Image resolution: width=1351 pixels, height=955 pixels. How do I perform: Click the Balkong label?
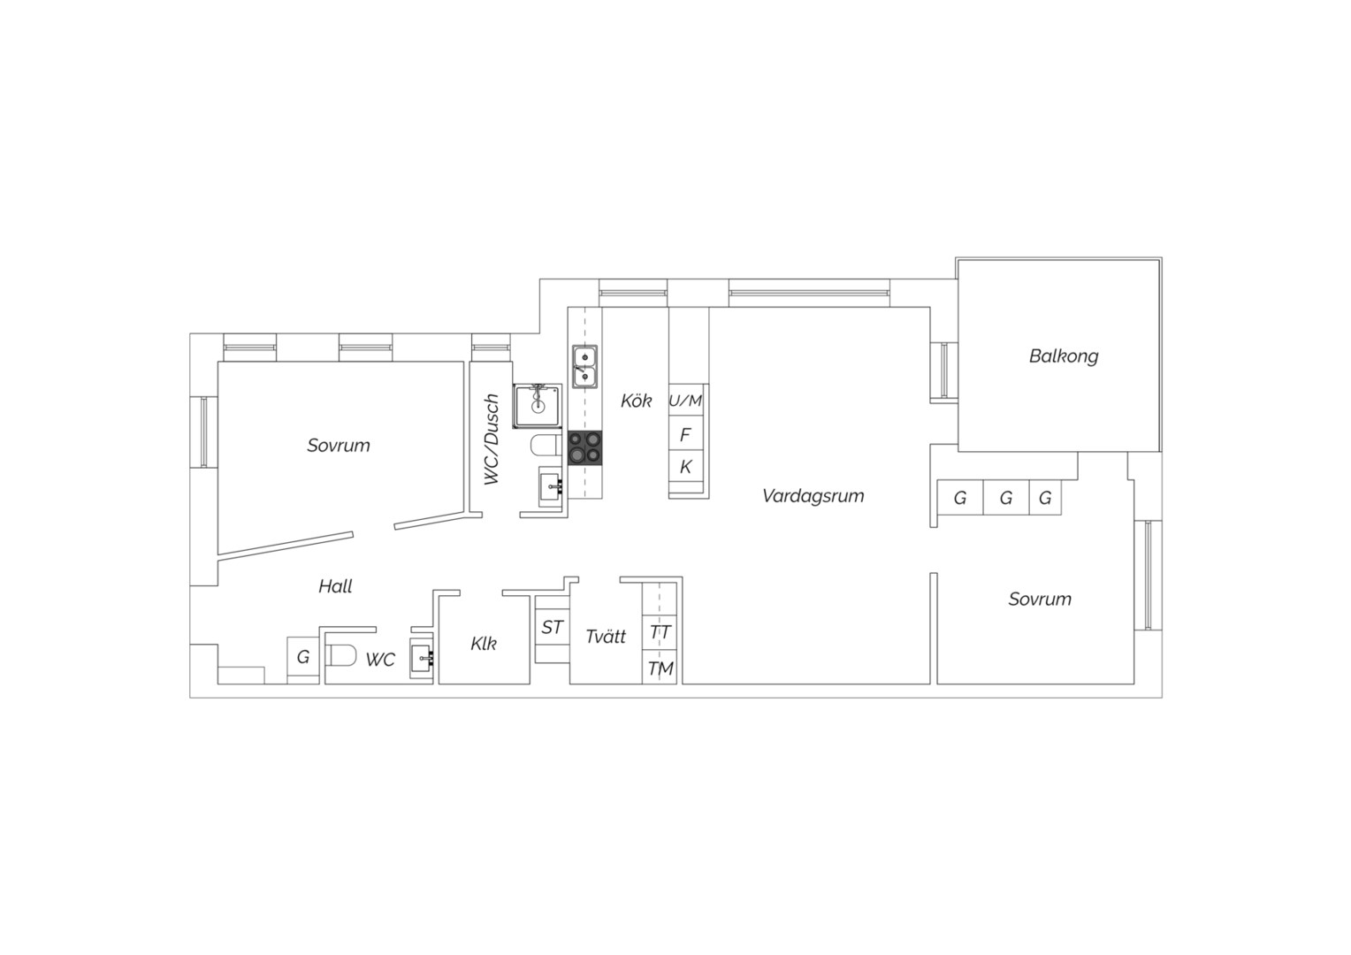click(x=1064, y=356)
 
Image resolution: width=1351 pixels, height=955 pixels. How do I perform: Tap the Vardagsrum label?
click(x=813, y=496)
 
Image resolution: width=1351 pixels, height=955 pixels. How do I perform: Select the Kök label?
click(x=637, y=401)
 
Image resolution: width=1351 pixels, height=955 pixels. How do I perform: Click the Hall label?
click(x=335, y=585)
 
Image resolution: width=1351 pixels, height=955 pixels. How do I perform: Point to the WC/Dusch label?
click(x=492, y=439)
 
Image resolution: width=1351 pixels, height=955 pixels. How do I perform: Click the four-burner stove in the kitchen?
click(x=585, y=447)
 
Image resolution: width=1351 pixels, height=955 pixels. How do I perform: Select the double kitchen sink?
click(x=584, y=366)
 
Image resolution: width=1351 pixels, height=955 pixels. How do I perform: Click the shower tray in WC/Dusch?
click(x=538, y=407)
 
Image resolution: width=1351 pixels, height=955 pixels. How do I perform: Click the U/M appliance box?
click(x=686, y=400)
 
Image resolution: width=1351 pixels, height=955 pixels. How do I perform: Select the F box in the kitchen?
click(x=686, y=433)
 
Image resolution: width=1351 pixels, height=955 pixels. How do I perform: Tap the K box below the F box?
click(x=686, y=466)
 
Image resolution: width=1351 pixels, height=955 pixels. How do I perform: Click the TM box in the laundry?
click(x=660, y=668)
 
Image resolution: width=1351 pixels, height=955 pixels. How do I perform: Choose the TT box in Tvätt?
click(x=660, y=632)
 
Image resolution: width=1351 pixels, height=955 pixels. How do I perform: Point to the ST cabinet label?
click(x=552, y=628)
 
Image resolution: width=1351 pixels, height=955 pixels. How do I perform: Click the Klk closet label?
click(x=484, y=644)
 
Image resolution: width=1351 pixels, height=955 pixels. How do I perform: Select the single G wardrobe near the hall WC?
click(x=302, y=656)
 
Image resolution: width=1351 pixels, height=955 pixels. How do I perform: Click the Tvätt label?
click(x=606, y=636)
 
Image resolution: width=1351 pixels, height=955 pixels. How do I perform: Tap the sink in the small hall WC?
click(x=423, y=658)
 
